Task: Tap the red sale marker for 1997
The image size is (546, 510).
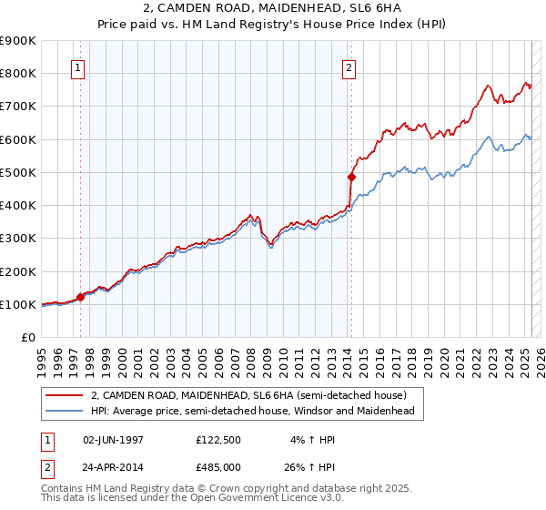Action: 80,296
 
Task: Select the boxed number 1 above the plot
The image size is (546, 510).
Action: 77,66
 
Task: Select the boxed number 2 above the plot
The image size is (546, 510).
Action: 349,66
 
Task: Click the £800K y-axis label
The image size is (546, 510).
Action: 18,73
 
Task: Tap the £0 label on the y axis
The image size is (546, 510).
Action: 27,337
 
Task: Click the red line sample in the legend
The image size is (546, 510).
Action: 65,395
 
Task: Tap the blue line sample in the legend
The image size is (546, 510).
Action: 65,412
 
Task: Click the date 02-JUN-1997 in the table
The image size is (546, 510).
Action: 113,439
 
